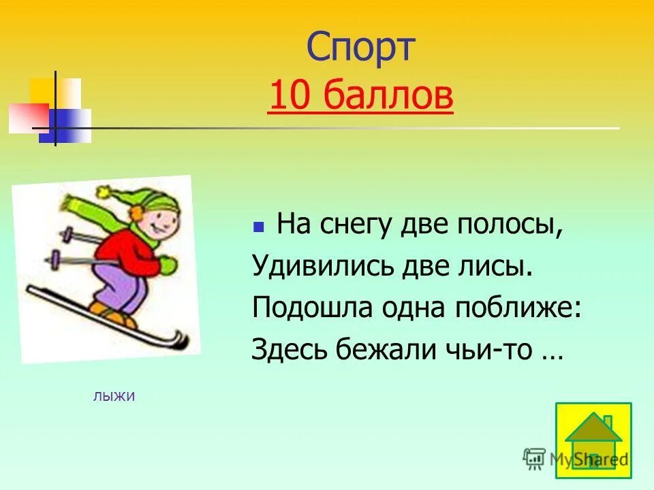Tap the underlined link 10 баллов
pyautogui.click(x=360, y=97)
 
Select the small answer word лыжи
pyautogui.click(x=114, y=396)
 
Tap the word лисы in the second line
pyautogui.click(x=497, y=266)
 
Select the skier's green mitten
pyautogui.click(x=167, y=264)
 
